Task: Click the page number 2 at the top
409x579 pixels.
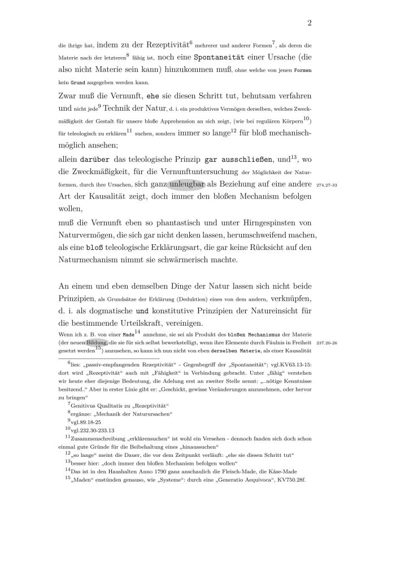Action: (310, 23)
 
